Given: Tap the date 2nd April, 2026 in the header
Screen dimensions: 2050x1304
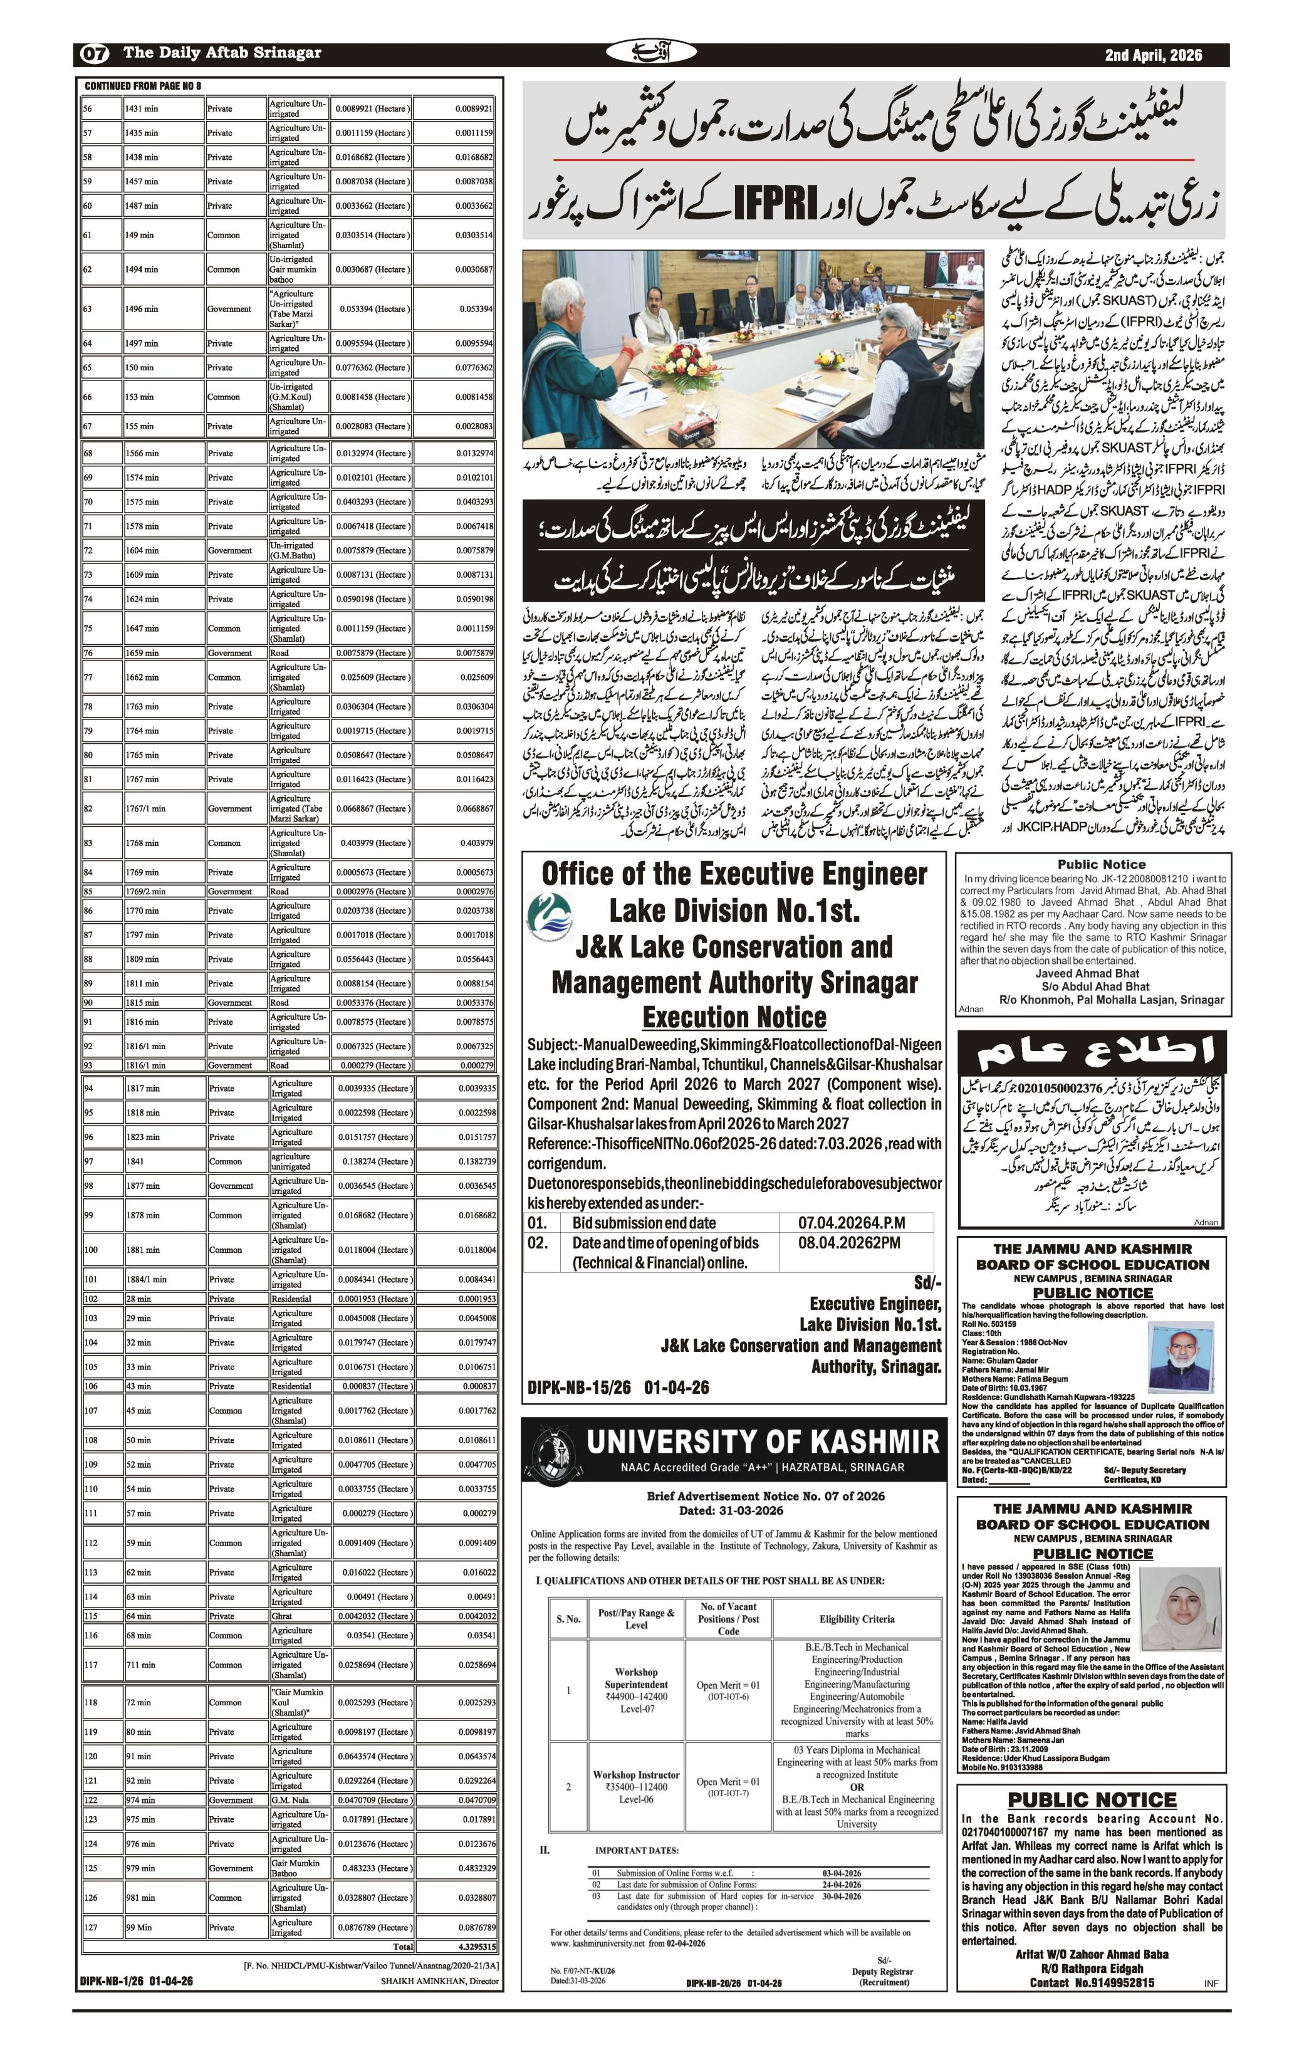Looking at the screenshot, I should (1154, 55).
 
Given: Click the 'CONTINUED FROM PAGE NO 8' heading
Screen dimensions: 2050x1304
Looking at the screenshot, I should (143, 86).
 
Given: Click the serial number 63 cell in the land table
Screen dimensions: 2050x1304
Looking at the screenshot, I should (88, 309).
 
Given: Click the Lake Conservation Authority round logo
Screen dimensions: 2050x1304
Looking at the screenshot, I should (548, 917).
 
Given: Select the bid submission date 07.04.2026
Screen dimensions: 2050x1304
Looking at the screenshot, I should (850, 1223).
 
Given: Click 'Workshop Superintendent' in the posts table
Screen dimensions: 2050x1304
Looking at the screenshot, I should (636, 1677).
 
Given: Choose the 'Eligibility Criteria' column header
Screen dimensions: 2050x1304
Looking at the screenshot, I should (857, 1619).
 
